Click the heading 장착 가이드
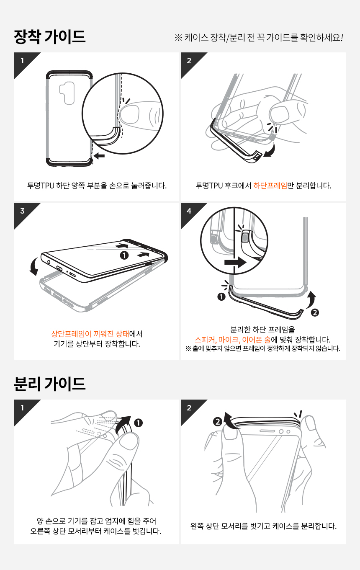coord(50,37)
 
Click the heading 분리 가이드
coord(50,384)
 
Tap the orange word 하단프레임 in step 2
coord(270,186)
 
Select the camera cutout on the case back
coord(67,93)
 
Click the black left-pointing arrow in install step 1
coord(99,155)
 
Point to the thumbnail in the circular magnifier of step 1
coord(130,114)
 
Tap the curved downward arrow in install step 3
coord(33,267)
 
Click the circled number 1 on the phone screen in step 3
coord(124,255)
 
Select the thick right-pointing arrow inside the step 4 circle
coord(235,262)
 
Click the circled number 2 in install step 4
coord(315,312)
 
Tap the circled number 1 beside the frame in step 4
coord(221,297)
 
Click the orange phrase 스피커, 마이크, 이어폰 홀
coord(233,340)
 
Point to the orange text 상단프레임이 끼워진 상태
coord(90,334)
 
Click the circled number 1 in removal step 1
coord(138,423)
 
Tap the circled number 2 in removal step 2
coord(218,422)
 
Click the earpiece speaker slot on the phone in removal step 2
coord(267,431)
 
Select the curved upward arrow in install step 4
coord(311,300)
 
